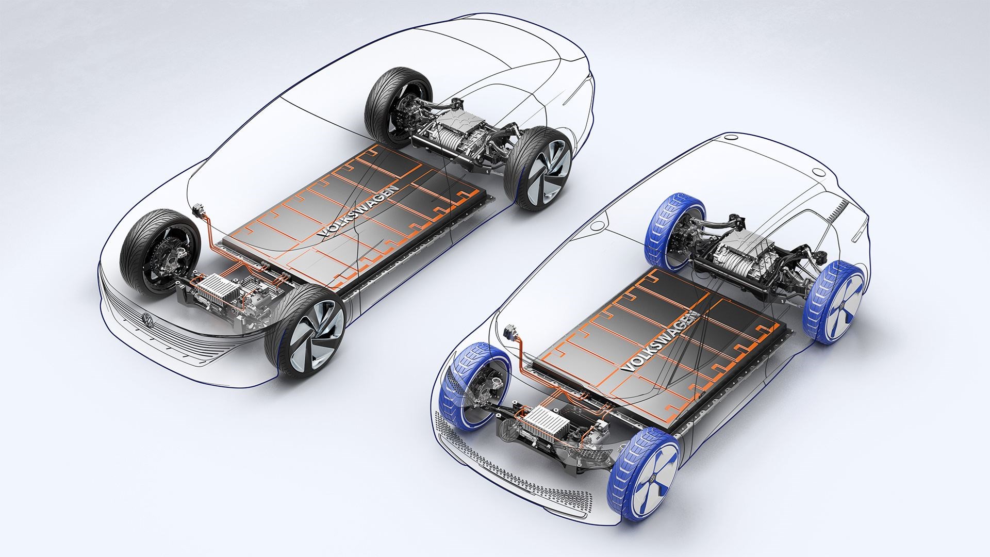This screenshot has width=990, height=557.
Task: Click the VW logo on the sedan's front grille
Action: pyautogui.click(x=148, y=321)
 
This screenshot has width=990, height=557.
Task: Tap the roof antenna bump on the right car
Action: pyautogui.click(x=817, y=172)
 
